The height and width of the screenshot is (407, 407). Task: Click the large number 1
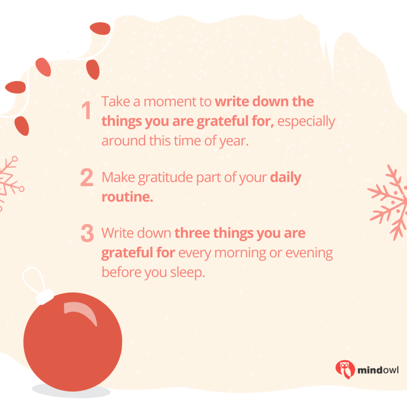[86, 110]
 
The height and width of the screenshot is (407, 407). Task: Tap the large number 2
[87, 177]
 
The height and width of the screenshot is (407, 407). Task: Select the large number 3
[87, 233]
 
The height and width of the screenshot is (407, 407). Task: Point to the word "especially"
[306, 122]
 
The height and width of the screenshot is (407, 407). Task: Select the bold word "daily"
[285, 178]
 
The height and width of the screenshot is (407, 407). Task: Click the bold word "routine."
[127, 197]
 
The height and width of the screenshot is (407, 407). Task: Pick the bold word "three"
[192, 233]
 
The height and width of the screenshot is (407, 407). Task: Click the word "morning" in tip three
[240, 253]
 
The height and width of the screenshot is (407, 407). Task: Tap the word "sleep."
[188, 273]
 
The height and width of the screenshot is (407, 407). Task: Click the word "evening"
[309, 253]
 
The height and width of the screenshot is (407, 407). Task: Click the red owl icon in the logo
[345, 369]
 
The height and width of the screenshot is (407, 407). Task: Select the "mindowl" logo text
[378, 370]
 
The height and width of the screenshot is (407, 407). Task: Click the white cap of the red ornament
[45, 297]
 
